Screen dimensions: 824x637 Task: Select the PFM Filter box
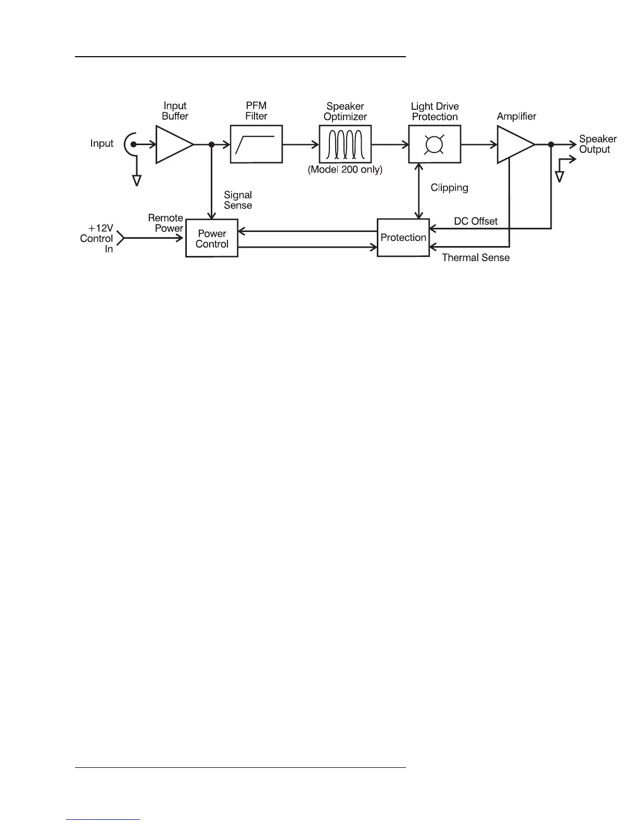pyautogui.click(x=256, y=144)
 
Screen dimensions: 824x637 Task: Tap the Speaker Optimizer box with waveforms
pyautogui.click(x=345, y=144)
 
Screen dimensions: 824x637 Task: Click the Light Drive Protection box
pyautogui.click(x=434, y=144)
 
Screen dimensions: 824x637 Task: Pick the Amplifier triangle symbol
pyautogui.click(x=513, y=145)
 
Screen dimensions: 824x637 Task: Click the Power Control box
pyautogui.click(x=212, y=238)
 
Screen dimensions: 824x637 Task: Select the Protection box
pyautogui.click(x=403, y=238)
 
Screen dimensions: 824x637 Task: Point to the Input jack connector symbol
pyautogui.click(x=130, y=144)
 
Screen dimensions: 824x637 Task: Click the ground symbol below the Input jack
pyautogui.click(x=137, y=180)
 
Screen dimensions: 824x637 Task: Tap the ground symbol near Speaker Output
pyautogui.click(x=559, y=176)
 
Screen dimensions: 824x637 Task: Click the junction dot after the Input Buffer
pyautogui.click(x=211, y=145)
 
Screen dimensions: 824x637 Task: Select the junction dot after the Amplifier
pyautogui.click(x=551, y=145)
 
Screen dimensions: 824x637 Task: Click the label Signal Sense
pyautogui.click(x=238, y=200)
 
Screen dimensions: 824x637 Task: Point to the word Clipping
pyautogui.click(x=449, y=188)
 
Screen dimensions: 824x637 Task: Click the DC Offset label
pyautogui.click(x=476, y=221)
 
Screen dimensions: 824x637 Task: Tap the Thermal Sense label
pyautogui.click(x=476, y=257)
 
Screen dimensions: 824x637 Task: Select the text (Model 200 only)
pyautogui.click(x=345, y=170)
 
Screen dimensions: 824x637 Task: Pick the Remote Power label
pyautogui.click(x=165, y=223)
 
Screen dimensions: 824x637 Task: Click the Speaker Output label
pyautogui.click(x=597, y=144)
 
